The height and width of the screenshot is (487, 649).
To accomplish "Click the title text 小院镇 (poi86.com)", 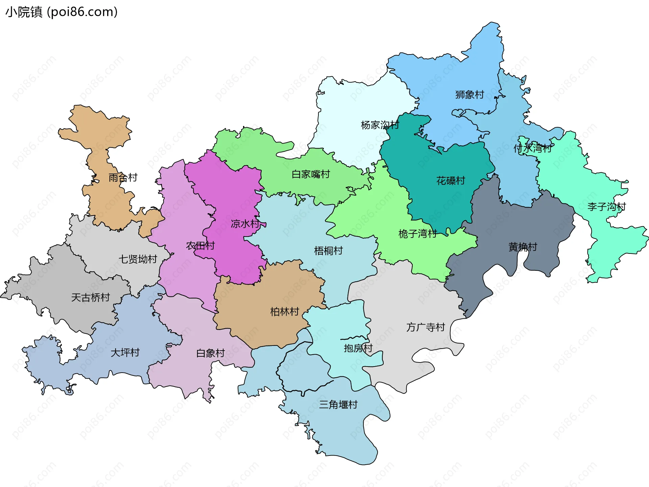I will [x=62, y=12].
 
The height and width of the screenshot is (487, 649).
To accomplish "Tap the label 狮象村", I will [x=470, y=95].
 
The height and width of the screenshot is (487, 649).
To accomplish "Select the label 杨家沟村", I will [x=380, y=125].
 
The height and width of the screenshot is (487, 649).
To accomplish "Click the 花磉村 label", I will [x=451, y=181].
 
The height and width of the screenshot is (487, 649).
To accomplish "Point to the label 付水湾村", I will [x=532, y=148].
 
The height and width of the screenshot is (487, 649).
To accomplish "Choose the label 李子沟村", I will [x=606, y=207].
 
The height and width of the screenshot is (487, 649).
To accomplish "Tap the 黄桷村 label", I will [x=523, y=247].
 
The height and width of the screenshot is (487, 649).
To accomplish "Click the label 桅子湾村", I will [x=417, y=234].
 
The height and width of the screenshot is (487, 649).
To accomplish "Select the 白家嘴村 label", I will [x=311, y=174].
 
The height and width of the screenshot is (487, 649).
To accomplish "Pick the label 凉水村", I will [x=245, y=224].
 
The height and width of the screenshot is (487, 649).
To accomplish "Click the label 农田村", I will [x=200, y=246].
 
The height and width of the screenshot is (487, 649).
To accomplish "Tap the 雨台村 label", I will [x=123, y=178].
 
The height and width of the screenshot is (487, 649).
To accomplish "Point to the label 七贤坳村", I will [x=138, y=259].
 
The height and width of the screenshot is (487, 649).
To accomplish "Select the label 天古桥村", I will [x=91, y=297].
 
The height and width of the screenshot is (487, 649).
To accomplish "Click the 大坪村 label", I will [x=125, y=353].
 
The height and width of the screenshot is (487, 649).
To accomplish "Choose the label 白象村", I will [x=211, y=353].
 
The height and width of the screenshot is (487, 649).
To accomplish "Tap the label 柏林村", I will [x=285, y=312].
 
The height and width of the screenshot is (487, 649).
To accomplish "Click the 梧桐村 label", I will [x=328, y=251].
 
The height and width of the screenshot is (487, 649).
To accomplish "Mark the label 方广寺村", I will [x=426, y=327].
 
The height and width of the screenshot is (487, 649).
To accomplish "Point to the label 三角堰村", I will [x=338, y=405].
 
